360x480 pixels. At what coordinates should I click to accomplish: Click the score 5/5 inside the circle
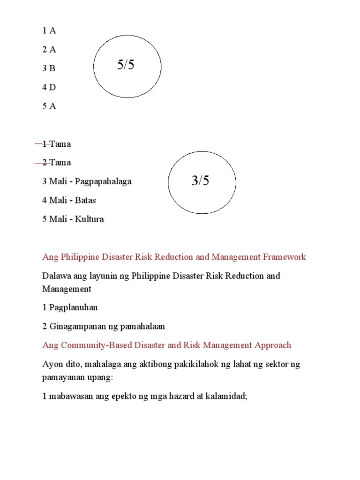(x=126, y=66)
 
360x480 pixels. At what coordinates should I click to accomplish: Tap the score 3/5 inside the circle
(x=200, y=181)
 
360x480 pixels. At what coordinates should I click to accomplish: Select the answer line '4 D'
(x=49, y=87)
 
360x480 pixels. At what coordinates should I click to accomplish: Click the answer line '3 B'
(x=49, y=68)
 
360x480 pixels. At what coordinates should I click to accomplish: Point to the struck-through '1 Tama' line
(x=56, y=144)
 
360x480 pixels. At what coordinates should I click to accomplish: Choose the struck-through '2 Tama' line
(x=56, y=163)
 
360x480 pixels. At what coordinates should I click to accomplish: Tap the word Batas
(x=85, y=200)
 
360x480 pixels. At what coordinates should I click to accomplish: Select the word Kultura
(x=89, y=219)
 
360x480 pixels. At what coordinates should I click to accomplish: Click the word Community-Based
(x=91, y=345)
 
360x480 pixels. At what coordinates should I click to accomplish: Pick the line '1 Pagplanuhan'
(x=70, y=307)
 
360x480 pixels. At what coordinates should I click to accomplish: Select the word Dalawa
(x=56, y=276)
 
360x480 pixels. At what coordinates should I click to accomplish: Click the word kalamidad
(x=225, y=396)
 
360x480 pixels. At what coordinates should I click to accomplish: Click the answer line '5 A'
(x=49, y=106)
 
